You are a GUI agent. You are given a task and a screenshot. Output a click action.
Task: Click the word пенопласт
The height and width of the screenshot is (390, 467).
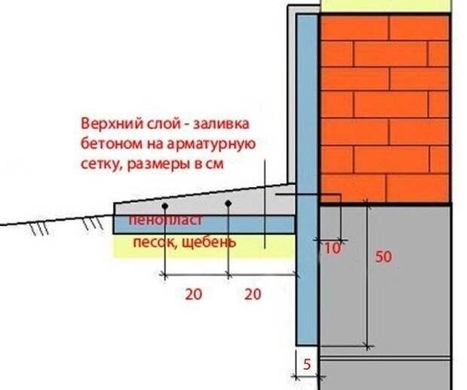[166, 220]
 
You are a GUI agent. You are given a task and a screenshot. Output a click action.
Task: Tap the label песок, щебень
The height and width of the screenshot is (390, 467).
[185, 242]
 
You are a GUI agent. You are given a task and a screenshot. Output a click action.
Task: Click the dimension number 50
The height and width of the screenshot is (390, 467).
[383, 256]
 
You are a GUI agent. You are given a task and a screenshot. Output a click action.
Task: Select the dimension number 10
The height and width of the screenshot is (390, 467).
[332, 247]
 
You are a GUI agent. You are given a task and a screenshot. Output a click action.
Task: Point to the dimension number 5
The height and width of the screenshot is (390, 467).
[307, 364]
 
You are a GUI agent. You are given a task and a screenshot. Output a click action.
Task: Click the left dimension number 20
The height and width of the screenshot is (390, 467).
[194, 294]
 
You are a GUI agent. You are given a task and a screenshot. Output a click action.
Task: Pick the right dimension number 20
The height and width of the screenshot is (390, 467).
[253, 294]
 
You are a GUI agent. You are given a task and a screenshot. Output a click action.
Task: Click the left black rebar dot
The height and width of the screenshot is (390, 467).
[165, 206]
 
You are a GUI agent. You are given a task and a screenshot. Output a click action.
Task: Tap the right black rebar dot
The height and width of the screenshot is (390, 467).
[228, 204]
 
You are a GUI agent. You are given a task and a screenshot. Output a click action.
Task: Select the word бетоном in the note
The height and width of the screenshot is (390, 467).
[111, 144]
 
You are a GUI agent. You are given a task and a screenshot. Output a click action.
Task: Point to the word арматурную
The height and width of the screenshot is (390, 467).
[211, 145]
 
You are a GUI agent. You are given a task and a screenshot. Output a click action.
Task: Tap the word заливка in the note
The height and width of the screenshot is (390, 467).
[221, 124]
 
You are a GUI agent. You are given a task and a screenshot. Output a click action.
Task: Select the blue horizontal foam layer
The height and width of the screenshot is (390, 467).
[203, 225]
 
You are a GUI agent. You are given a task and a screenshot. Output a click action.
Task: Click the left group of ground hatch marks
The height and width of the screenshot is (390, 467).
[39, 229]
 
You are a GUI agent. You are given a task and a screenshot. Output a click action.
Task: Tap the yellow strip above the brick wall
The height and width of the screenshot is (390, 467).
[386, 6]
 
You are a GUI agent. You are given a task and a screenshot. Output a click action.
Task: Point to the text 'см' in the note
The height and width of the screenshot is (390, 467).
[215, 165]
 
